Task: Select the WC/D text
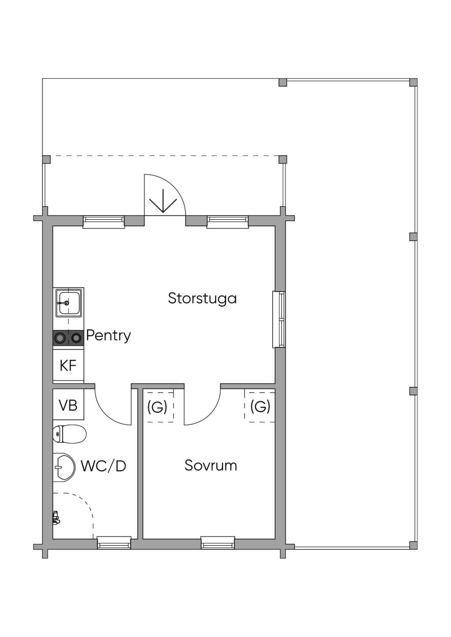click(x=104, y=466)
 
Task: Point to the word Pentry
click(x=108, y=336)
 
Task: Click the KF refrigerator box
click(x=68, y=366)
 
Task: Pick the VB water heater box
click(x=68, y=405)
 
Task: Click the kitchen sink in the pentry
click(x=68, y=303)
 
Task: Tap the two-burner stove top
click(x=68, y=338)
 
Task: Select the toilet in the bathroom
click(x=70, y=434)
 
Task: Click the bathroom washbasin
click(x=64, y=467)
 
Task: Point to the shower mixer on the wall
click(x=56, y=517)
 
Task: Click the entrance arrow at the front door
click(x=163, y=201)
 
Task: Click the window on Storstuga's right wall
click(x=279, y=319)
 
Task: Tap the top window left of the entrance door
click(x=104, y=222)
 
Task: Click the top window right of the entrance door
click(x=228, y=222)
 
